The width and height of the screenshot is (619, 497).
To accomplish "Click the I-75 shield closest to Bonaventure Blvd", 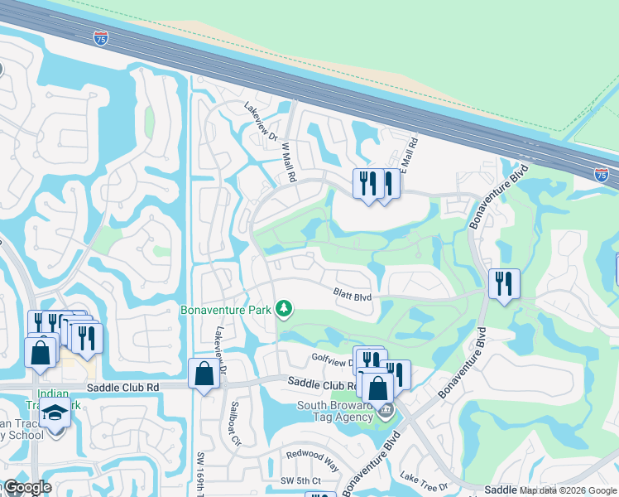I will point(602,174).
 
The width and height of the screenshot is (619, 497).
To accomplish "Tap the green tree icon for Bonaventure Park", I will point(284,309).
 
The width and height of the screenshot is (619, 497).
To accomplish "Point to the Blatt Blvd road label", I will point(352,293).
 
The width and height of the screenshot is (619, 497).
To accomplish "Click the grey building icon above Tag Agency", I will point(386,410).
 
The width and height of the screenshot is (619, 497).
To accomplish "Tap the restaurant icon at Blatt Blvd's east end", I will point(503,284).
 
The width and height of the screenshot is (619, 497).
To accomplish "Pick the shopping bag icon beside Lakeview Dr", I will point(204,374).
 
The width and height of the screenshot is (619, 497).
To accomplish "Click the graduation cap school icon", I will point(55,413).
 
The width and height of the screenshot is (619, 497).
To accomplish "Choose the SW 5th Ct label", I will point(300,481).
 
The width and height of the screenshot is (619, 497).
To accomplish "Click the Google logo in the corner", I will point(26,487).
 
